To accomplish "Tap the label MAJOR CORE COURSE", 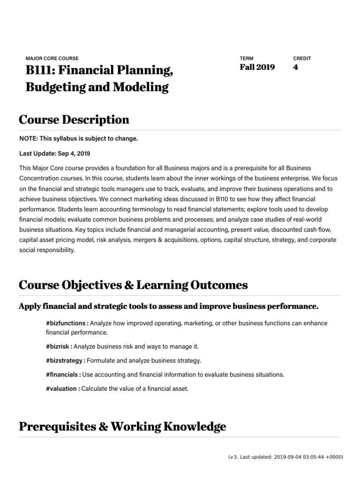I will (x=52, y=59).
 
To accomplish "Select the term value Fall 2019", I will (x=257, y=67).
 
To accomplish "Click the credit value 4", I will (x=295, y=67).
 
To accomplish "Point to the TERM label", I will (x=246, y=59).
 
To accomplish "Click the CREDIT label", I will (x=302, y=59).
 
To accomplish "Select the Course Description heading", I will (x=74, y=120).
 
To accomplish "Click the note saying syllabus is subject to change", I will (x=79, y=139).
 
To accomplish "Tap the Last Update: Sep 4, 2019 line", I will (x=55, y=153).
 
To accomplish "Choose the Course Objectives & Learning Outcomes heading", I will (x=133, y=285).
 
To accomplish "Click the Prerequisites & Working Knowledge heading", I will (x=122, y=427).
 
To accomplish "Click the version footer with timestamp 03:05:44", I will (x=285, y=457).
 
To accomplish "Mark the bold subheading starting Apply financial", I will (x=168, y=307).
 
